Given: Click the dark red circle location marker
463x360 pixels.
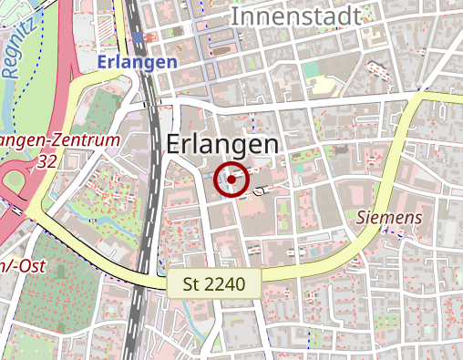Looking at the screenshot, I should point(231,180).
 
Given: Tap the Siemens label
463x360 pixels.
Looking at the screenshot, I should point(389,217).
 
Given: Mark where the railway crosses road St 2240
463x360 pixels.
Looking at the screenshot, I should point(137,275).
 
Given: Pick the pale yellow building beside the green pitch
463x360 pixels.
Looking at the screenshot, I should point(322,87).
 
